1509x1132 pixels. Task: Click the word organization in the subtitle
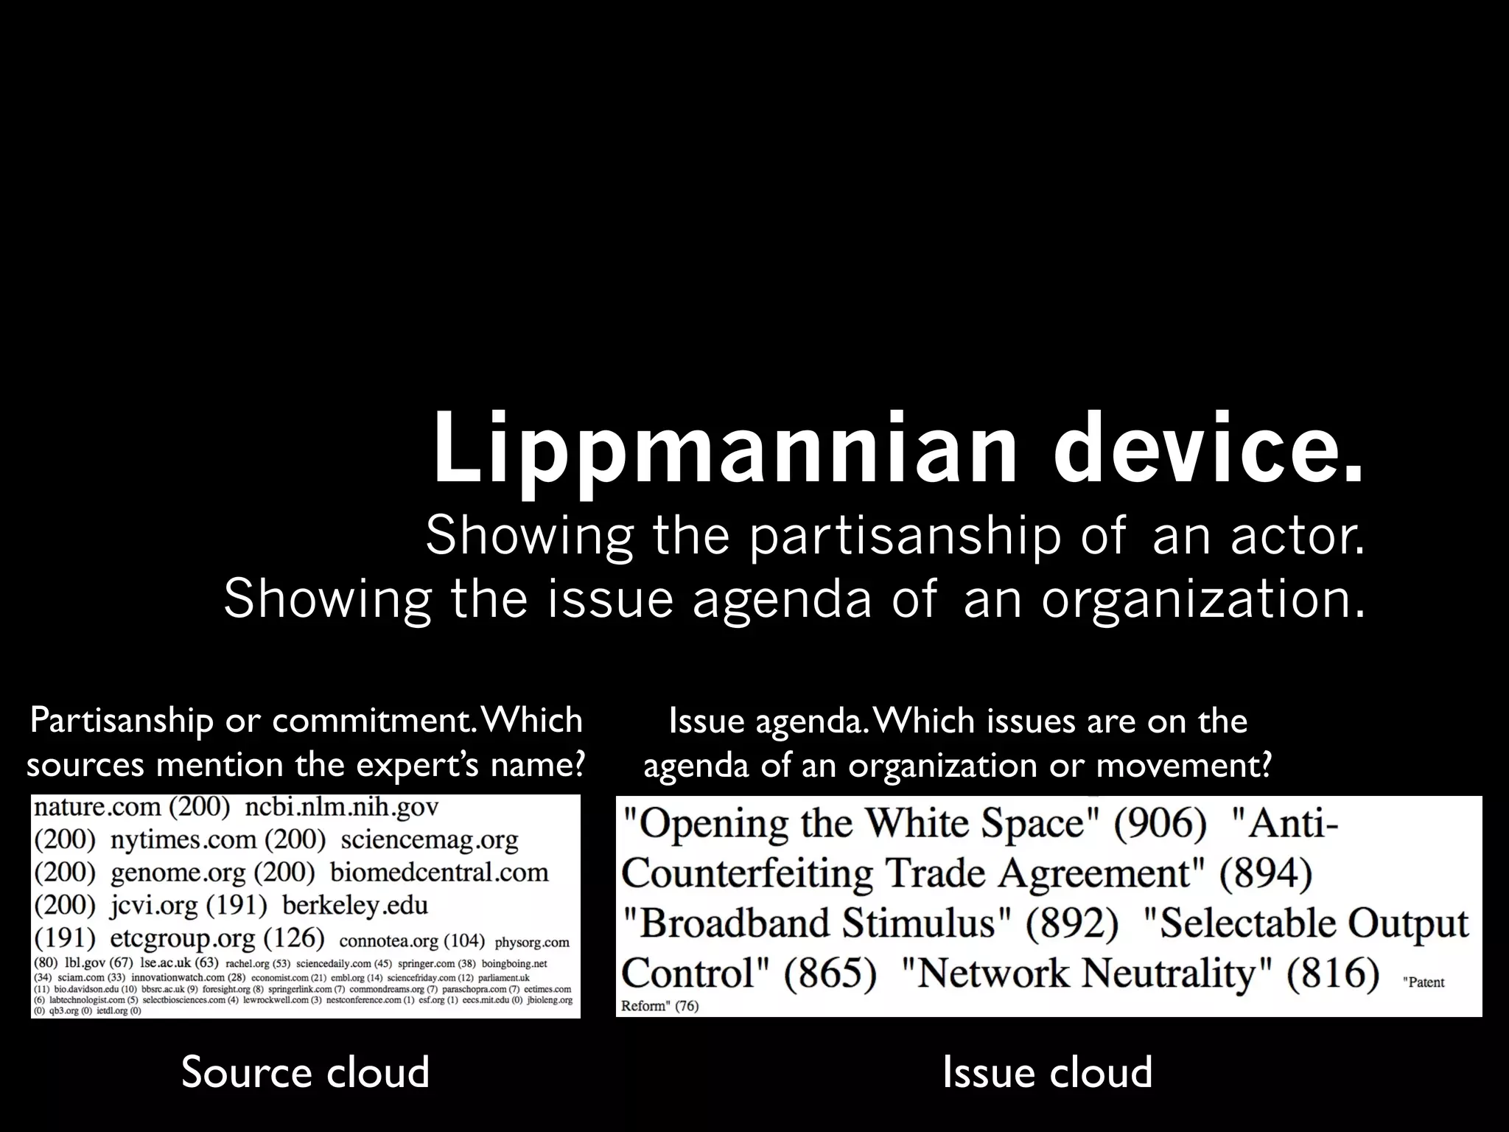[x=1201, y=599]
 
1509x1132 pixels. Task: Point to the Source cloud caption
[x=305, y=1072]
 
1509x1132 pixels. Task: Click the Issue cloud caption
[x=1047, y=1072]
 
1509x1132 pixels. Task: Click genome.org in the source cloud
[x=178, y=873]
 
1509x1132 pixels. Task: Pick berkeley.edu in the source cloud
[x=355, y=905]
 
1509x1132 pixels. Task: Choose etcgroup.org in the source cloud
[x=183, y=938]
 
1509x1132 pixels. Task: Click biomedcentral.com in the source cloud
[x=439, y=873]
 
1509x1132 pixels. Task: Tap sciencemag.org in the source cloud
[x=430, y=839]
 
